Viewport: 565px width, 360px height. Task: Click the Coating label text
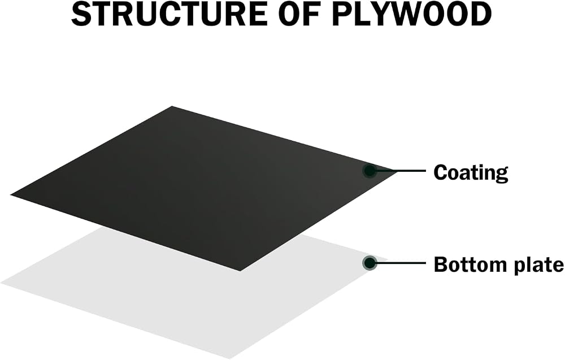(x=471, y=172)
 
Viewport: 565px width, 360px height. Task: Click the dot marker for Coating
(x=370, y=171)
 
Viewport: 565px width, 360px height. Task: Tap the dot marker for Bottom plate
(x=370, y=263)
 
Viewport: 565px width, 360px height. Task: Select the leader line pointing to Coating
(x=401, y=171)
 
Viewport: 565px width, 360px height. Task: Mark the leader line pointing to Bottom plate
(x=401, y=263)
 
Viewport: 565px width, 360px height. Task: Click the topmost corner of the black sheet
(x=172, y=106)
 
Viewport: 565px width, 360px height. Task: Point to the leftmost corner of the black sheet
(x=10, y=195)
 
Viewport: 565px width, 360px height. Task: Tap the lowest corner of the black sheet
(x=240, y=270)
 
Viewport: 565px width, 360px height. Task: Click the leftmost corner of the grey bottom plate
(x=1, y=283)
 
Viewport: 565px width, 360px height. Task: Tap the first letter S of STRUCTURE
(x=81, y=15)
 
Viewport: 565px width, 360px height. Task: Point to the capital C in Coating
(x=441, y=172)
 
